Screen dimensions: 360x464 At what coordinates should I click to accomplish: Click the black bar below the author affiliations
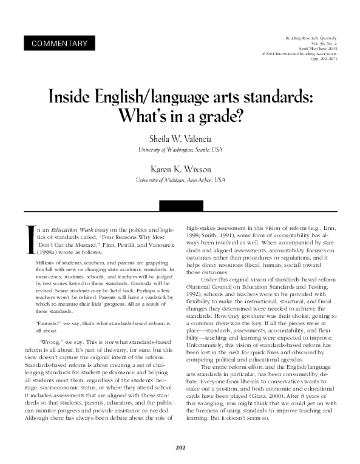coord(180,206)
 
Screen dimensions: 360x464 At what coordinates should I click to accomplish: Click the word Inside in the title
coord(70,97)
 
